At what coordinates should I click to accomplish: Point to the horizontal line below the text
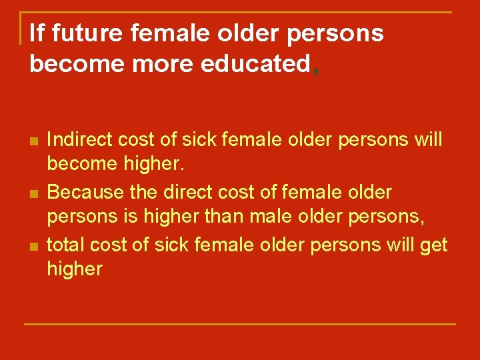point(240,324)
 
